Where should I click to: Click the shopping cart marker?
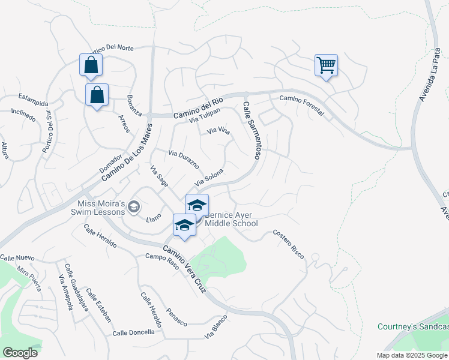326,65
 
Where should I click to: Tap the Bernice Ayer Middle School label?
232,219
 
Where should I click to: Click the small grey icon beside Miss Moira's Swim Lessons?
134,208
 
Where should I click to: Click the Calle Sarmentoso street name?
251,130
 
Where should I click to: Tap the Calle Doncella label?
133,332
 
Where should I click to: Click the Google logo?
20,353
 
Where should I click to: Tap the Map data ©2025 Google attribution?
411,355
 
